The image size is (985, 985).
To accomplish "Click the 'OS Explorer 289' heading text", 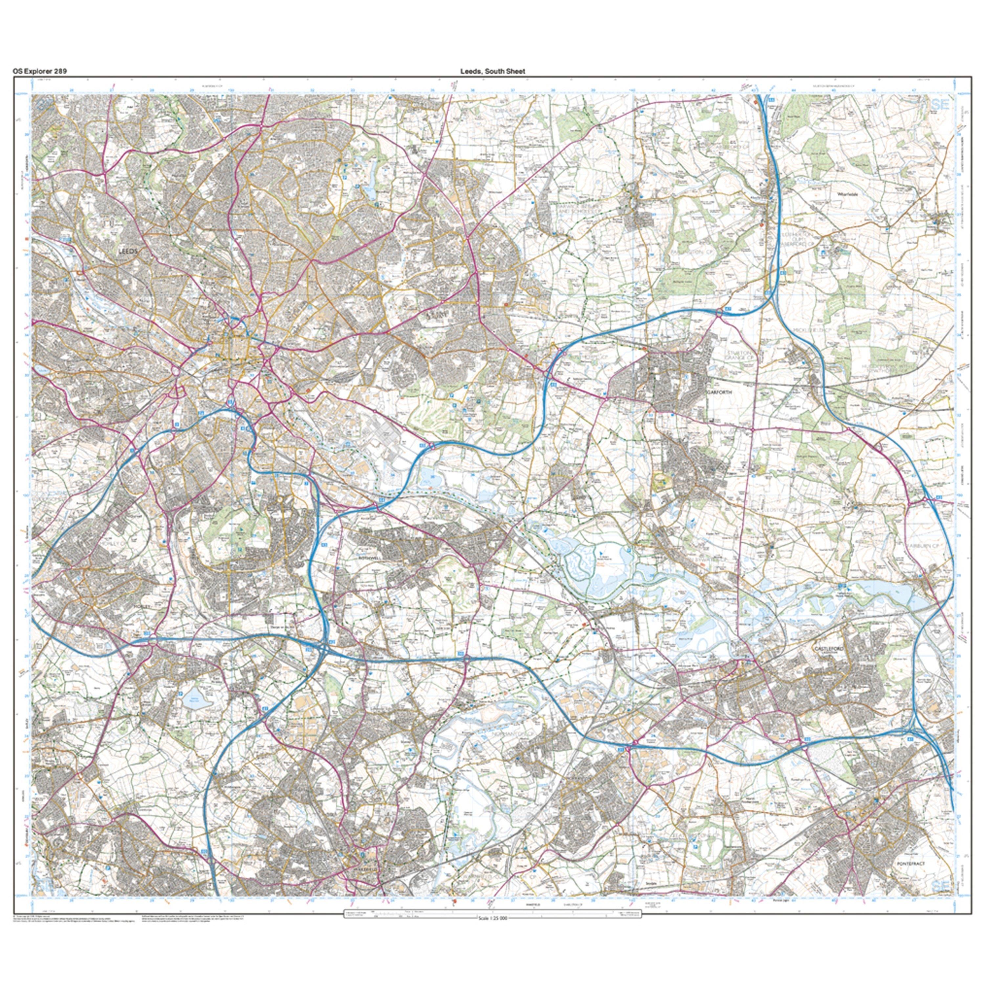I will (40, 71).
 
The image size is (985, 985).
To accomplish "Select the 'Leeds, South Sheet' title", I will (492, 71).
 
